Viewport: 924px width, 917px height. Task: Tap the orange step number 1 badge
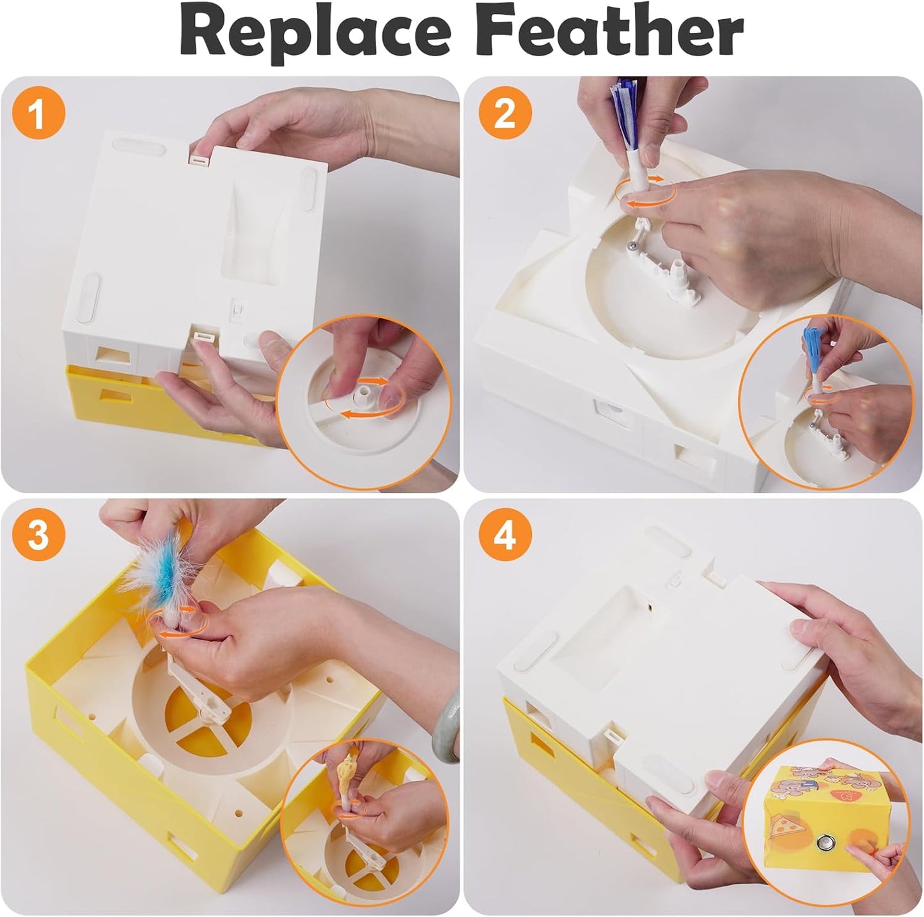coord(38,116)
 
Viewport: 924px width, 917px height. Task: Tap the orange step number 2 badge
coord(505,114)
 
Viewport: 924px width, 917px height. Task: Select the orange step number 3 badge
coord(38,534)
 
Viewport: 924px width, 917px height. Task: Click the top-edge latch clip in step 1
coord(200,157)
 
